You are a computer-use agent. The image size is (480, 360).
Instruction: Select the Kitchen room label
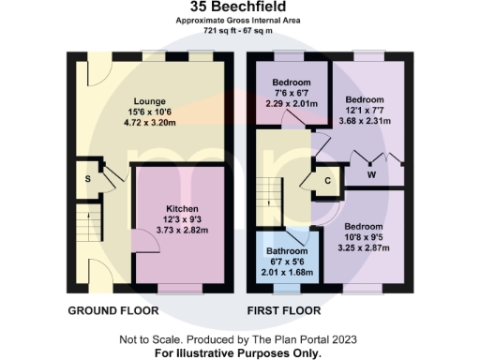(x=180, y=208)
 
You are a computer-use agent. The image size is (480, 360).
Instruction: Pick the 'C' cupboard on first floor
(x=328, y=181)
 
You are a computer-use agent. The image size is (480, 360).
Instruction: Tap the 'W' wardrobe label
(x=372, y=172)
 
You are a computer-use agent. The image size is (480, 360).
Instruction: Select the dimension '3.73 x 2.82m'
(x=180, y=230)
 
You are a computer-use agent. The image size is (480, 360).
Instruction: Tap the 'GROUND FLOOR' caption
(x=106, y=310)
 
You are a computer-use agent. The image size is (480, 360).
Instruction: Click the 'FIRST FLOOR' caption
(x=284, y=310)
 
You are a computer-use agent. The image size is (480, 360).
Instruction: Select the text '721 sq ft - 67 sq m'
(x=240, y=30)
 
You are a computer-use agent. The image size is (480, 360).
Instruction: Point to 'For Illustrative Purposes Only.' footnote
(x=240, y=353)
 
